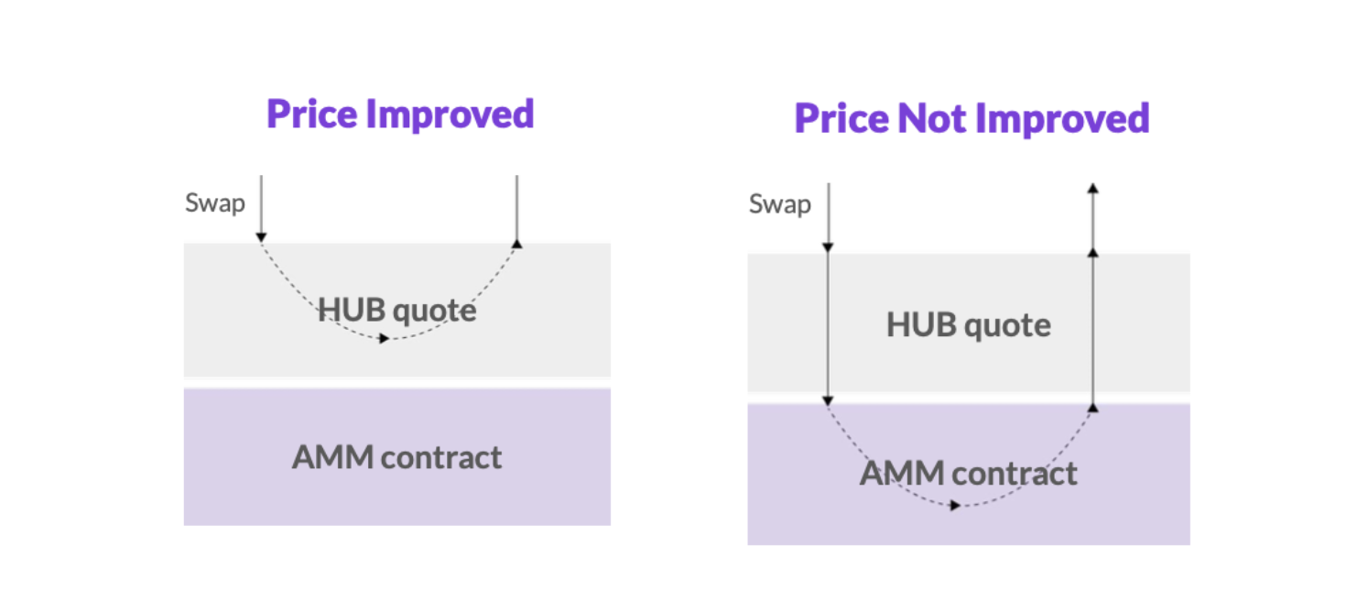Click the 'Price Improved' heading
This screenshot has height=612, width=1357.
(x=400, y=115)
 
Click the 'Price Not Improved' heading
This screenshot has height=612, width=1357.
(x=972, y=118)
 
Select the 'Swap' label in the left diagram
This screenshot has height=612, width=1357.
(x=215, y=202)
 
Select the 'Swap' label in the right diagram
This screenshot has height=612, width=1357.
(x=779, y=204)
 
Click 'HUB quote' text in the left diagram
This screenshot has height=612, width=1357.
(x=396, y=311)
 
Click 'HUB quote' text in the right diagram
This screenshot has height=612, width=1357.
(x=968, y=325)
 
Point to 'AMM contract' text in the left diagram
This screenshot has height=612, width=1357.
(x=396, y=457)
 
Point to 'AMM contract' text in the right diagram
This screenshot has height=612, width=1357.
(x=968, y=474)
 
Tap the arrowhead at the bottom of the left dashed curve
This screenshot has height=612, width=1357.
(x=385, y=339)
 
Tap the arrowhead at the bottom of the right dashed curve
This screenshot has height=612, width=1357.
(x=956, y=506)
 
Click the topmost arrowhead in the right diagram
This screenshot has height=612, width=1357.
(x=1092, y=189)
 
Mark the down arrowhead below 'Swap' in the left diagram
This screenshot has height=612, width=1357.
(x=261, y=237)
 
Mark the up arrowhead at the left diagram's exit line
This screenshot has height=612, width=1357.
(x=517, y=244)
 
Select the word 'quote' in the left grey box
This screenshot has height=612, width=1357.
(x=437, y=311)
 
